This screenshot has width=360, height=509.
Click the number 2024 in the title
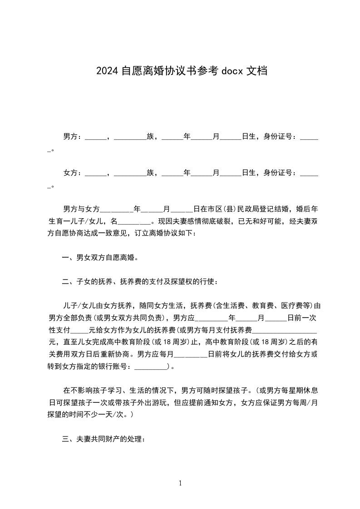tap(107, 71)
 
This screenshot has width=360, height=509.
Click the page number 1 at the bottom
tap(180, 483)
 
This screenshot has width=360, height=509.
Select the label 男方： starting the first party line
tap(73, 136)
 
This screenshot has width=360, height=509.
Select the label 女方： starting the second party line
tap(73, 172)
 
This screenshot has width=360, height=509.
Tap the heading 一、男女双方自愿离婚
tap(100, 258)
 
